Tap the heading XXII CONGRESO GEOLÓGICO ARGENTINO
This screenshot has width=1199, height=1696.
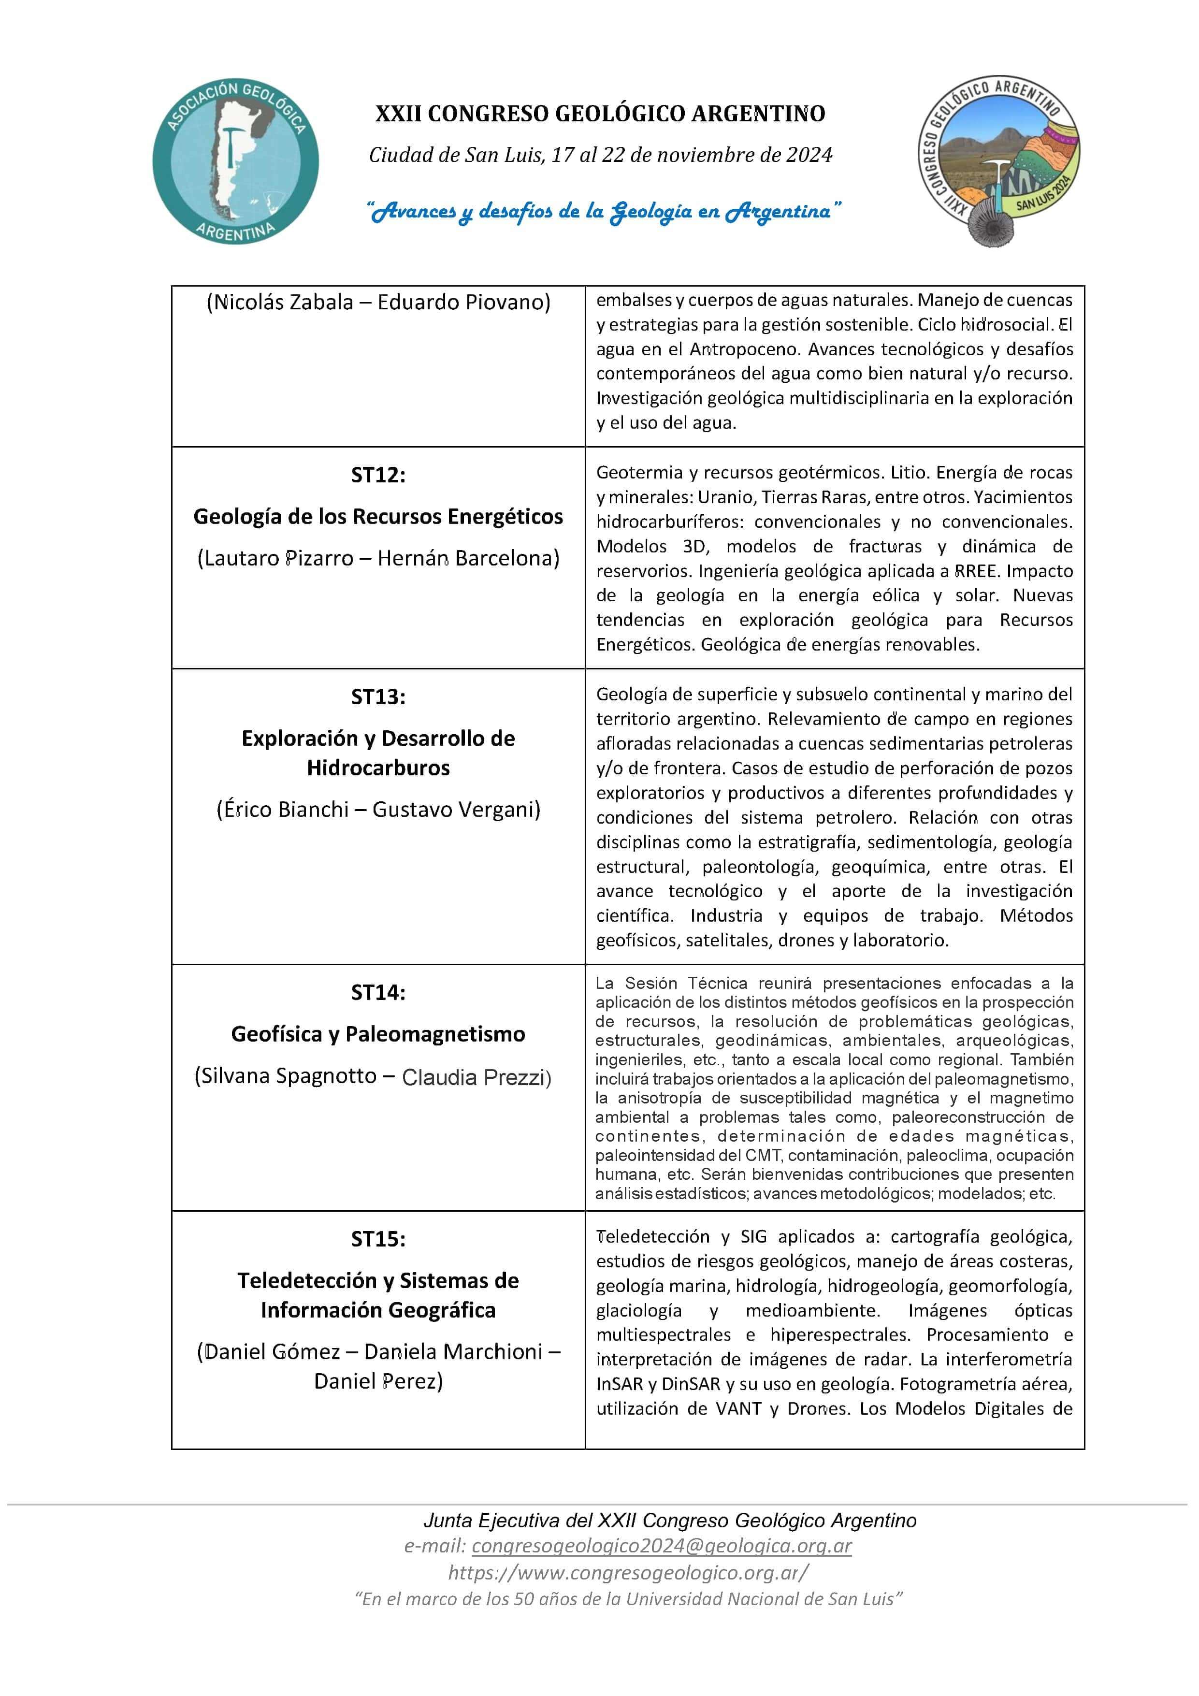click(600, 114)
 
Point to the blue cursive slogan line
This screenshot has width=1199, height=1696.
click(604, 212)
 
